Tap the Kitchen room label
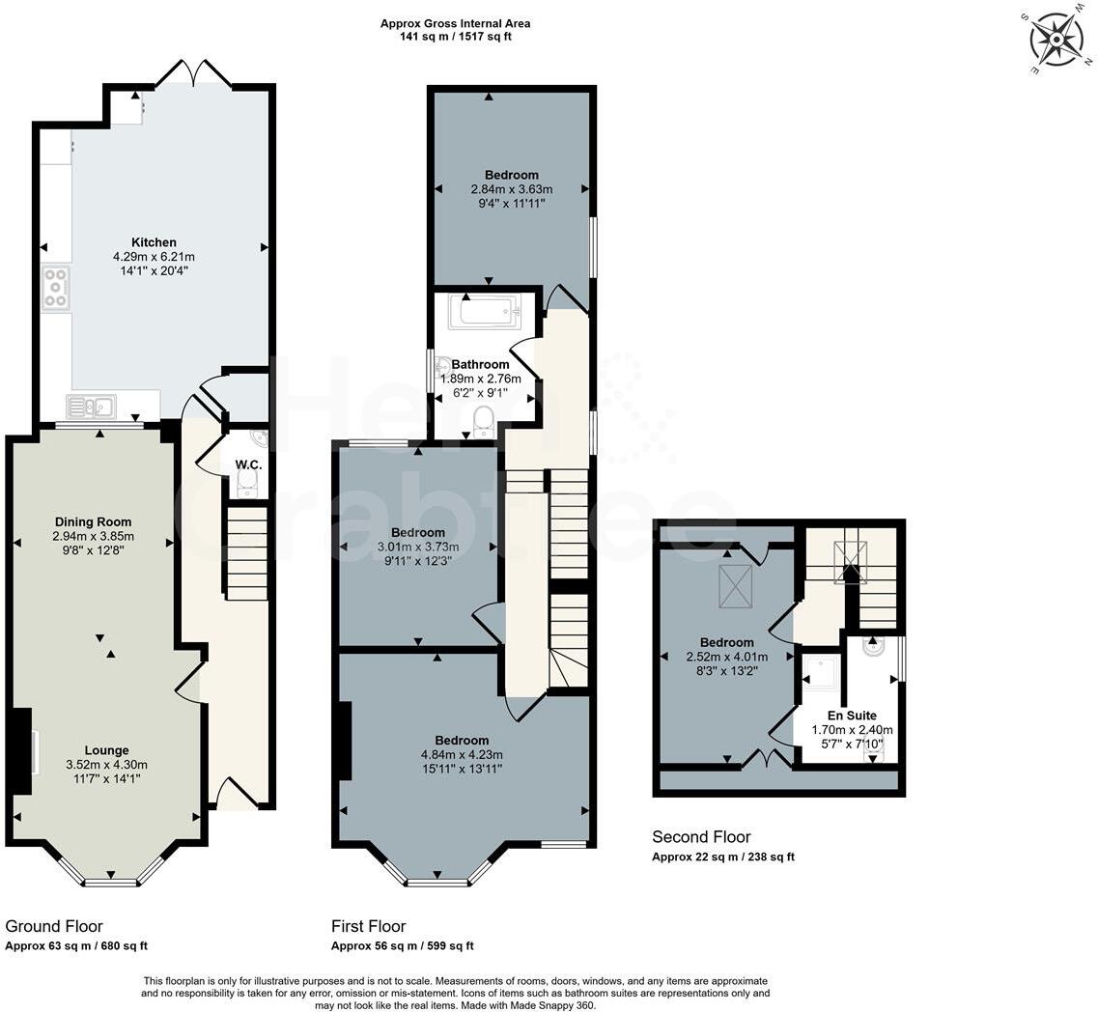click(155, 242)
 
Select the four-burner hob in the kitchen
click(56, 288)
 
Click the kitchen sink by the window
click(92, 407)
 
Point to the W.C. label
click(248, 464)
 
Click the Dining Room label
click(94, 522)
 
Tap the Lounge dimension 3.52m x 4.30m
click(106, 765)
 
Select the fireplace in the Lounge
click(22, 751)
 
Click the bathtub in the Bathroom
click(485, 312)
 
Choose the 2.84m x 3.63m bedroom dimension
click(511, 189)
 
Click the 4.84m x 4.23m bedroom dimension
click(461, 754)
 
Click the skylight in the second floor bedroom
click(736, 586)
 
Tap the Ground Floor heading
click(54, 926)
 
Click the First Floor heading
click(368, 926)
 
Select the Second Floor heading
click(701, 837)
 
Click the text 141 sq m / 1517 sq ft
click(455, 37)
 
